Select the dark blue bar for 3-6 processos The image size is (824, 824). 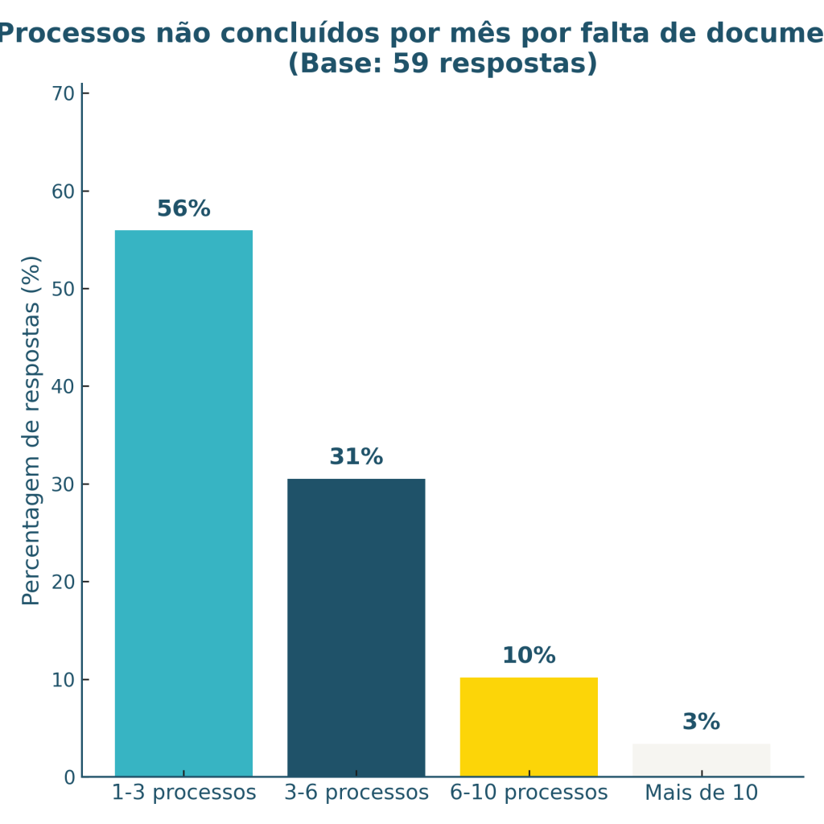click(356, 628)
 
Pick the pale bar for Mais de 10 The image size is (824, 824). click(701, 760)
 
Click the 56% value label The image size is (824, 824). click(183, 209)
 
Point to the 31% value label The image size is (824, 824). click(356, 457)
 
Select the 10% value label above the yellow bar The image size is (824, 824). click(529, 656)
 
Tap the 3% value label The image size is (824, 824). click(701, 722)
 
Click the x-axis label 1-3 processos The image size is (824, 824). click(183, 793)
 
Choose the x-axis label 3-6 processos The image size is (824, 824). click(356, 793)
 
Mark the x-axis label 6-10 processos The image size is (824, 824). click(529, 793)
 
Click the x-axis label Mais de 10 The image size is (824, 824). click(701, 793)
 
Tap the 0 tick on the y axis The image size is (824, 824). click(69, 777)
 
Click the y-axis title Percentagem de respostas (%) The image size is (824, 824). click(31, 431)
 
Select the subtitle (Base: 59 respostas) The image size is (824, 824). click(443, 64)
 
